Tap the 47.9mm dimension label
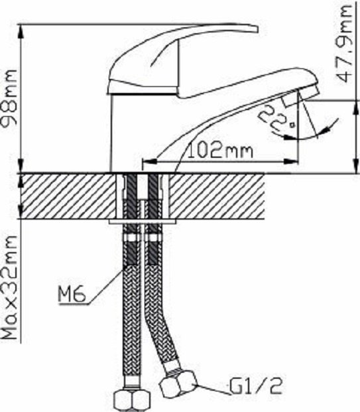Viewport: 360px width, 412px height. (x=344, y=44)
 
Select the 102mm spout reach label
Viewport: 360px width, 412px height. (x=221, y=151)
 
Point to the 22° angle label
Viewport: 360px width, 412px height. (x=274, y=117)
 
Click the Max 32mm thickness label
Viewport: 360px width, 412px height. (x=9, y=287)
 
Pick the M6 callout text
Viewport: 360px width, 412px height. (x=72, y=295)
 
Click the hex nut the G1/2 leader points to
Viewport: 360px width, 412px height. (x=178, y=383)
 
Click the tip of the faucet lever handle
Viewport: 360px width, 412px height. (x=255, y=29)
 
